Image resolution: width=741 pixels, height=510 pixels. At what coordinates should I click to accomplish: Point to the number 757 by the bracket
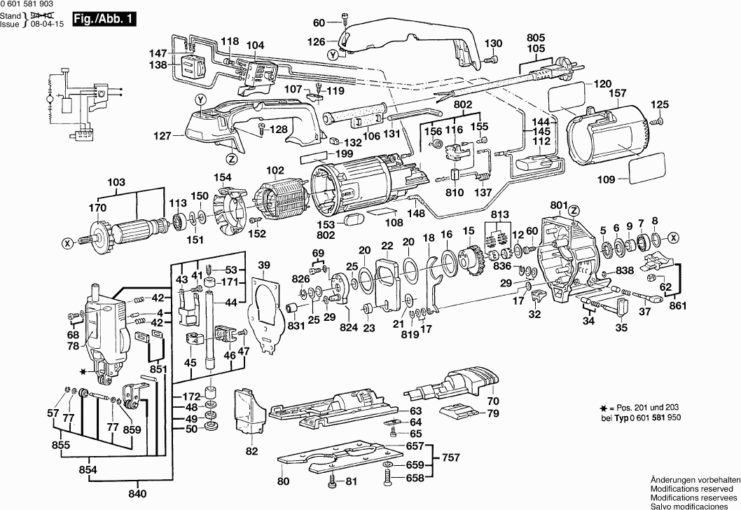point(452,457)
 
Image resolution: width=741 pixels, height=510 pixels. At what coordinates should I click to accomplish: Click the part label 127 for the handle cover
point(162,136)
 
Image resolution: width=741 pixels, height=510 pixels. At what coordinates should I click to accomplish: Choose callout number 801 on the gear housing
point(558,205)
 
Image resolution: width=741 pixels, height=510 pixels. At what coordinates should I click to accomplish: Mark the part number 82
point(251,450)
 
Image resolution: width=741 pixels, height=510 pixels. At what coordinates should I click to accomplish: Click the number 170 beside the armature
point(97,207)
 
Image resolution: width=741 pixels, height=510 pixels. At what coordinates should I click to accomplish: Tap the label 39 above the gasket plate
point(263,265)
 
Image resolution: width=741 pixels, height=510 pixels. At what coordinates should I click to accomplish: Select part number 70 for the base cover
point(493,401)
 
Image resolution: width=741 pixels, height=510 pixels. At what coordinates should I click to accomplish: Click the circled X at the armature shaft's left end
point(68,243)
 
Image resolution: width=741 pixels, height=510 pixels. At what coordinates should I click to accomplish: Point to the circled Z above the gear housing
point(574,209)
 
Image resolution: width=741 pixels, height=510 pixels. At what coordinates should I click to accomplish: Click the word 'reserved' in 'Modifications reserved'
point(714,488)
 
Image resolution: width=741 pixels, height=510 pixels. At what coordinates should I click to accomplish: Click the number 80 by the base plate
point(283,481)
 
